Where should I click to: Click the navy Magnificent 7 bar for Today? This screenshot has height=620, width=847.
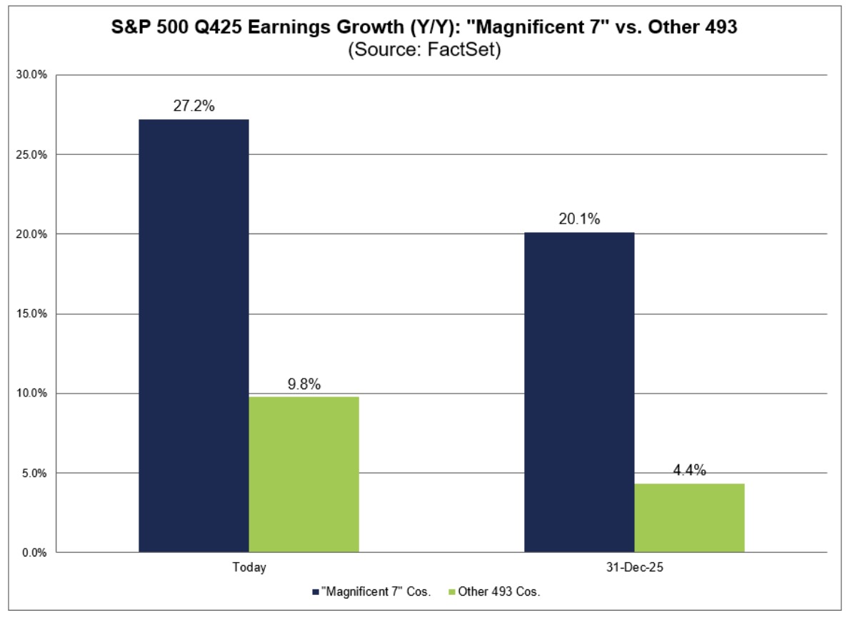point(194,336)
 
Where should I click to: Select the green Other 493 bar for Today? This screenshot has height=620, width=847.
point(304,474)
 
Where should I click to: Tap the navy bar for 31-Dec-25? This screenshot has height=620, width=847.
point(579,392)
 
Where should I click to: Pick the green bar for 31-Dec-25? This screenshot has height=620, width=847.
point(689,518)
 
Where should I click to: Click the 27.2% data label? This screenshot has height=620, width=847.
point(194,106)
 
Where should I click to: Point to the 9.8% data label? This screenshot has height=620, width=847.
point(304,384)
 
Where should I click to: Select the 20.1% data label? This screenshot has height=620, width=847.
point(579,219)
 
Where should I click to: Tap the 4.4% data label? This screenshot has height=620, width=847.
point(689,470)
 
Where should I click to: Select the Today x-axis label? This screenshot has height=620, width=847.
point(249,568)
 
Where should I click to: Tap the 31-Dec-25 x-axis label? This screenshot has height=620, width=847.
point(634,568)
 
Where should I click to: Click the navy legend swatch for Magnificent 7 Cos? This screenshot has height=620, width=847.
point(316,591)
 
